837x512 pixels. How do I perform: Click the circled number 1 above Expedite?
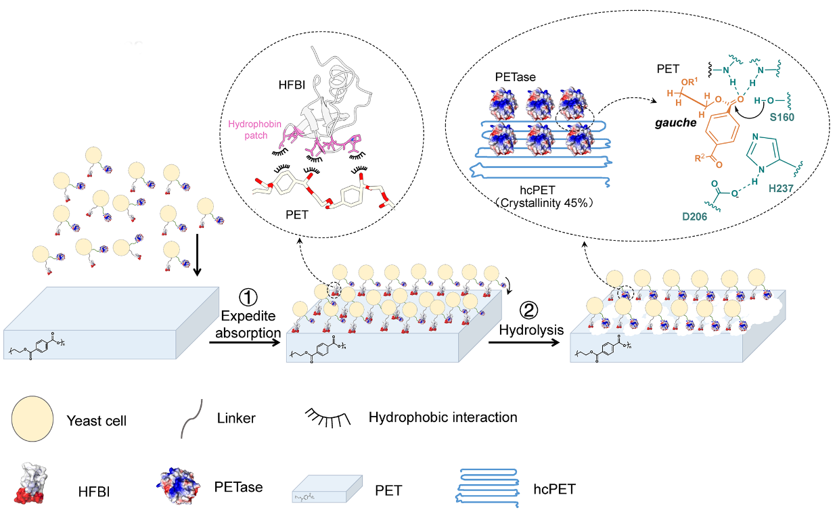tap(249, 297)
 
